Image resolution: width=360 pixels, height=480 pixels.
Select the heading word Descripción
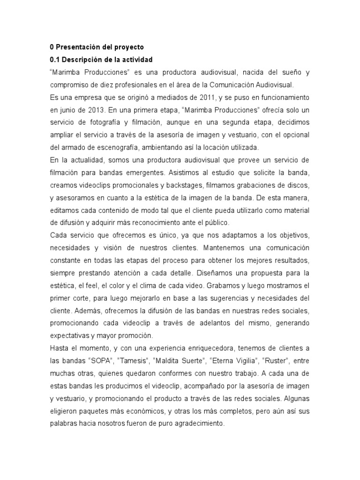[x=82, y=60]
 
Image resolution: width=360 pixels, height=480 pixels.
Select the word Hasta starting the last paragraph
[x=59, y=349]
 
